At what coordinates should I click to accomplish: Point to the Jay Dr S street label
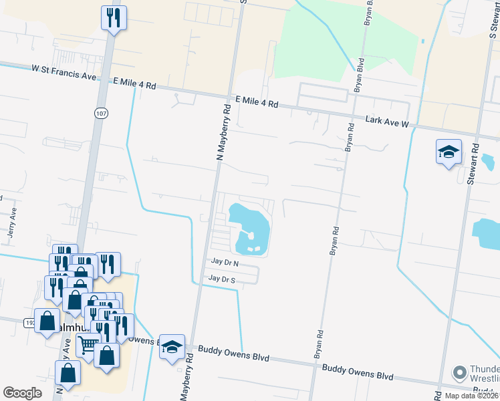(223, 278)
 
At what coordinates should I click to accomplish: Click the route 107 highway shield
(100, 114)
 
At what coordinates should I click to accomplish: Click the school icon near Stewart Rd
(449, 152)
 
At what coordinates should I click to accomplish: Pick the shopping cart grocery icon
(88, 346)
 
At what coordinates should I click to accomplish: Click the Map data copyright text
(471, 396)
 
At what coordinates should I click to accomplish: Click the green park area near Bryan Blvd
(321, 40)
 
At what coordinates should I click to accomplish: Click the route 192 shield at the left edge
(31, 322)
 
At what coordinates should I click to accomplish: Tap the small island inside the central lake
(248, 236)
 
